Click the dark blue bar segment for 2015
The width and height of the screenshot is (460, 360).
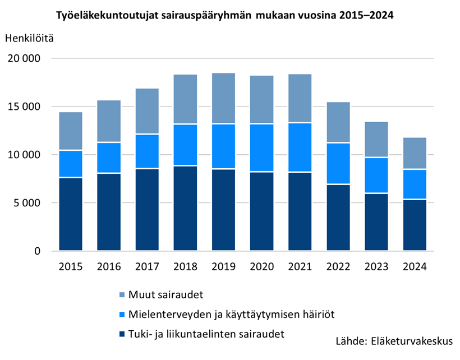point(71,214)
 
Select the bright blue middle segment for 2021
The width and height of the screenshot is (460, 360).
point(300,147)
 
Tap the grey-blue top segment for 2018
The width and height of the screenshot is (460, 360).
point(185,99)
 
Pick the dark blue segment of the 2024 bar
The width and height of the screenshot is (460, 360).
point(415,225)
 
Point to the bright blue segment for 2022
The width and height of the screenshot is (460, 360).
point(338,163)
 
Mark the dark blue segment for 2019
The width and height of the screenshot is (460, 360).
point(223,210)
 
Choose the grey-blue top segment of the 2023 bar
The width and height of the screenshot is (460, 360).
point(376,140)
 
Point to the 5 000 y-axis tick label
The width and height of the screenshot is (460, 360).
point(27,203)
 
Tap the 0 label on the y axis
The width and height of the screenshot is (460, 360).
point(38,251)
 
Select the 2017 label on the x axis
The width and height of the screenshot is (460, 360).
point(147,266)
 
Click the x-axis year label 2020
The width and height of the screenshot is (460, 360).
point(261,266)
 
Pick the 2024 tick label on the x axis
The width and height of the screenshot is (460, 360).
point(415,266)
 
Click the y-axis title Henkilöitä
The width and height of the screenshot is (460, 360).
point(30,38)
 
